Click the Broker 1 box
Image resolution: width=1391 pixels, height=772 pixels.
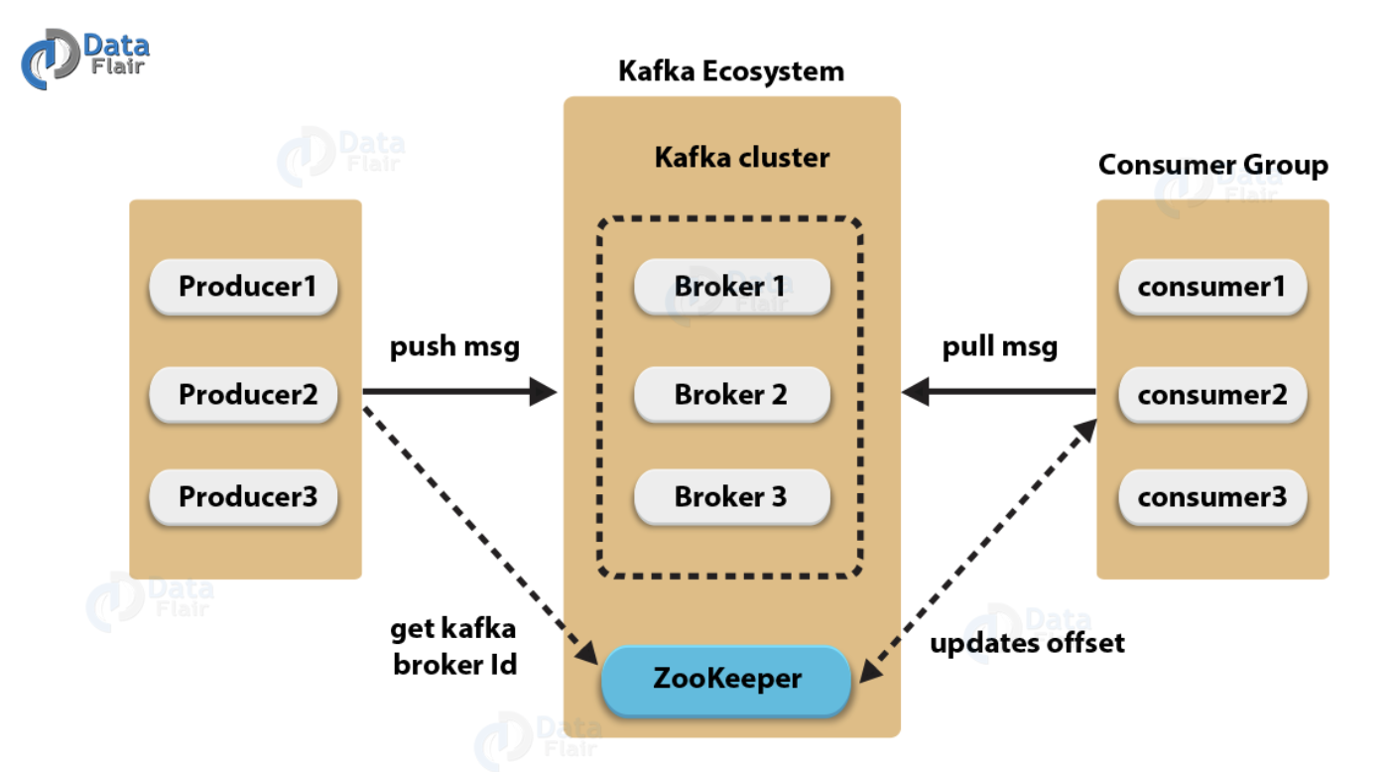coord(731,287)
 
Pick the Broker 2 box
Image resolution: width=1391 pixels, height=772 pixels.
coord(731,394)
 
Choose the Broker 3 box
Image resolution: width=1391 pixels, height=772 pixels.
coord(731,496)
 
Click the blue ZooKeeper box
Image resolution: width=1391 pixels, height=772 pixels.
coord(726,680)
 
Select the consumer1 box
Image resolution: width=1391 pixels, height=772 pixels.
coord(1211,287)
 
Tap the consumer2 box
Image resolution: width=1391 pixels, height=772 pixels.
coord(1211,394)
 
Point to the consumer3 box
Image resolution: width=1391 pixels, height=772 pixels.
coord(1211,496)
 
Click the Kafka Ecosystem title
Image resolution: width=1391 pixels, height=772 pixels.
coord(731,71)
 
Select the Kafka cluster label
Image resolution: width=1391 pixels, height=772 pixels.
coord(741,157)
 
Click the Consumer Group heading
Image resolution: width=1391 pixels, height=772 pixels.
coord(1212,165)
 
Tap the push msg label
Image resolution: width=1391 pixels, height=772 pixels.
coord(454,347)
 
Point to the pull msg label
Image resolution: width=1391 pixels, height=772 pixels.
coord(999,347)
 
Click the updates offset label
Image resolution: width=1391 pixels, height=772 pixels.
coord(1027,643)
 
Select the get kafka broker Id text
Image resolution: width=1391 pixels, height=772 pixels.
coord(454,646)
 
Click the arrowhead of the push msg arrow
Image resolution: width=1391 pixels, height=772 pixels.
coord(544,392)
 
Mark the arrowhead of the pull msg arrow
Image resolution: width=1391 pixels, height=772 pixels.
coord(915,392)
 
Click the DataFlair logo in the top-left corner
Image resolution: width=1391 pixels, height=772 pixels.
coord(85,58)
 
